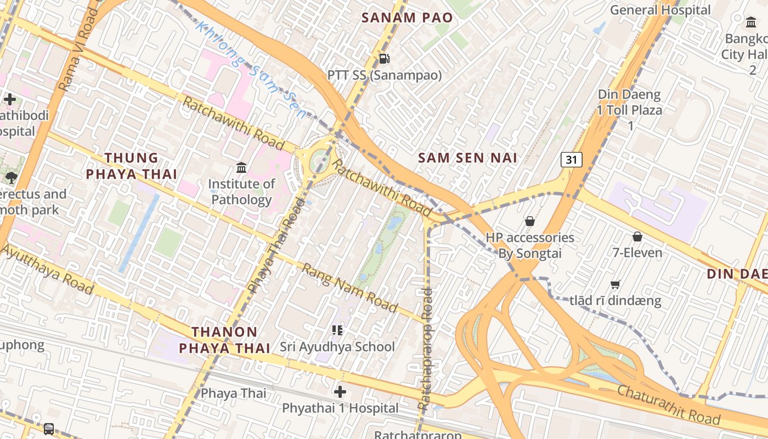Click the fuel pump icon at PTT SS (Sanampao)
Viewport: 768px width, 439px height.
click(385, 58)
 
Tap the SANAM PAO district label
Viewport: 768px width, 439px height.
click(407, 18)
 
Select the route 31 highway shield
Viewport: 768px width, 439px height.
click(571, 160)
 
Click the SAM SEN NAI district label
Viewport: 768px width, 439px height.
click(467, 158)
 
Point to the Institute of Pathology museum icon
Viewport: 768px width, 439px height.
click(241, 167)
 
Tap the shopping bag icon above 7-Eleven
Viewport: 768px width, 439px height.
click(637, 237)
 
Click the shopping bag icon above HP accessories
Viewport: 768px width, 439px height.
click(529, 221)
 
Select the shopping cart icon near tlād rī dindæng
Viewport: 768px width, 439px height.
click(615, 284)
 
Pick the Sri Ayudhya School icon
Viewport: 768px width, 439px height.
click(337, 330)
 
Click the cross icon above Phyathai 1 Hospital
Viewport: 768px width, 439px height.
click(340, 392)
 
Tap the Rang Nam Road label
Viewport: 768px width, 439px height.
click(349, 288)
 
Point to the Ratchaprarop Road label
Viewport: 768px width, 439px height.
click(425, 349)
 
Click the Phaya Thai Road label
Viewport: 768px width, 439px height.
click(276, 245)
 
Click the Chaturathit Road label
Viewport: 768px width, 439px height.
click(669, 404)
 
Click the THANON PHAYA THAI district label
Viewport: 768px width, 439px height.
click(225, 340)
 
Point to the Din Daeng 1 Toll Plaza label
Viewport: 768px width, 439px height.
click(630, 110)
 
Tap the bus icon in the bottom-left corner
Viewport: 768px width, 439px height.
click(49, 429)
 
